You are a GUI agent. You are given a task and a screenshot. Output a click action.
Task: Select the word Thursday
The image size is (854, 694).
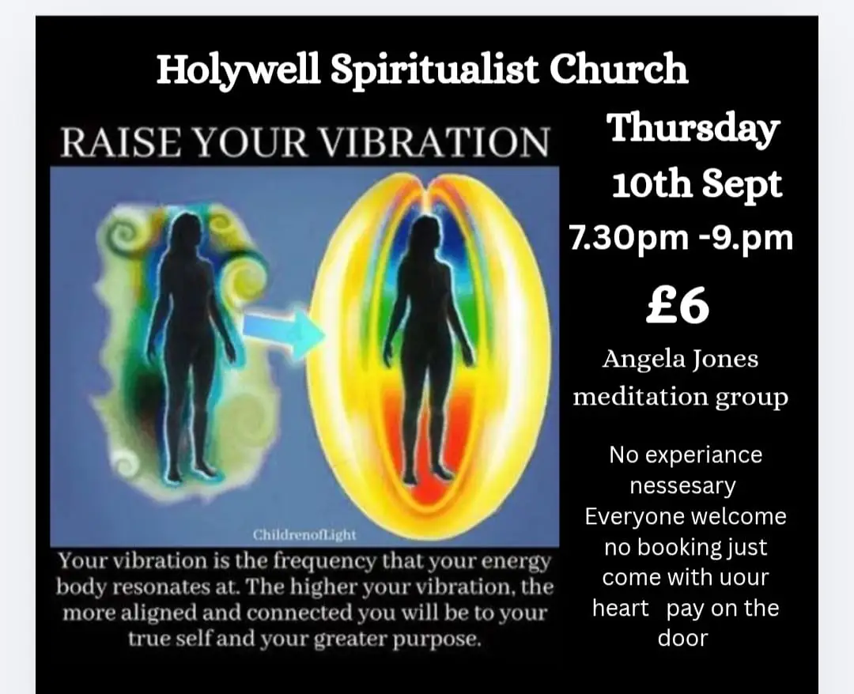coord(693,129)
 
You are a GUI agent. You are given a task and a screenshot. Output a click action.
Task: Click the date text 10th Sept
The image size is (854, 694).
coord(697,183)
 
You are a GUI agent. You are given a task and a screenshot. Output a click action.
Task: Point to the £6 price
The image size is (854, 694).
coord(678,305)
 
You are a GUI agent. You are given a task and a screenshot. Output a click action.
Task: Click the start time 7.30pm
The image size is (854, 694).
coord(629,239)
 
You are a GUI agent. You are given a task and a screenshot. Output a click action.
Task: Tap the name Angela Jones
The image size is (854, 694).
coord(680,360)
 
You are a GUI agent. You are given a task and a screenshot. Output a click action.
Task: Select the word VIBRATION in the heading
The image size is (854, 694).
coord(433,142)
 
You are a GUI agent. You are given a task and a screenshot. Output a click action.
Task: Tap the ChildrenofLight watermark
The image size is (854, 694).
coord(304,535)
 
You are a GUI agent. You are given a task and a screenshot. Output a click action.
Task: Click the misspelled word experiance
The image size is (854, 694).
coord(712,455)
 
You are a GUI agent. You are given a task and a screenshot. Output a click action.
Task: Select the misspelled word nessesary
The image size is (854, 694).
coord(683,486)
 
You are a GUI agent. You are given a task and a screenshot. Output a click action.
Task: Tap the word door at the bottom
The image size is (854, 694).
coord(683,639)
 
